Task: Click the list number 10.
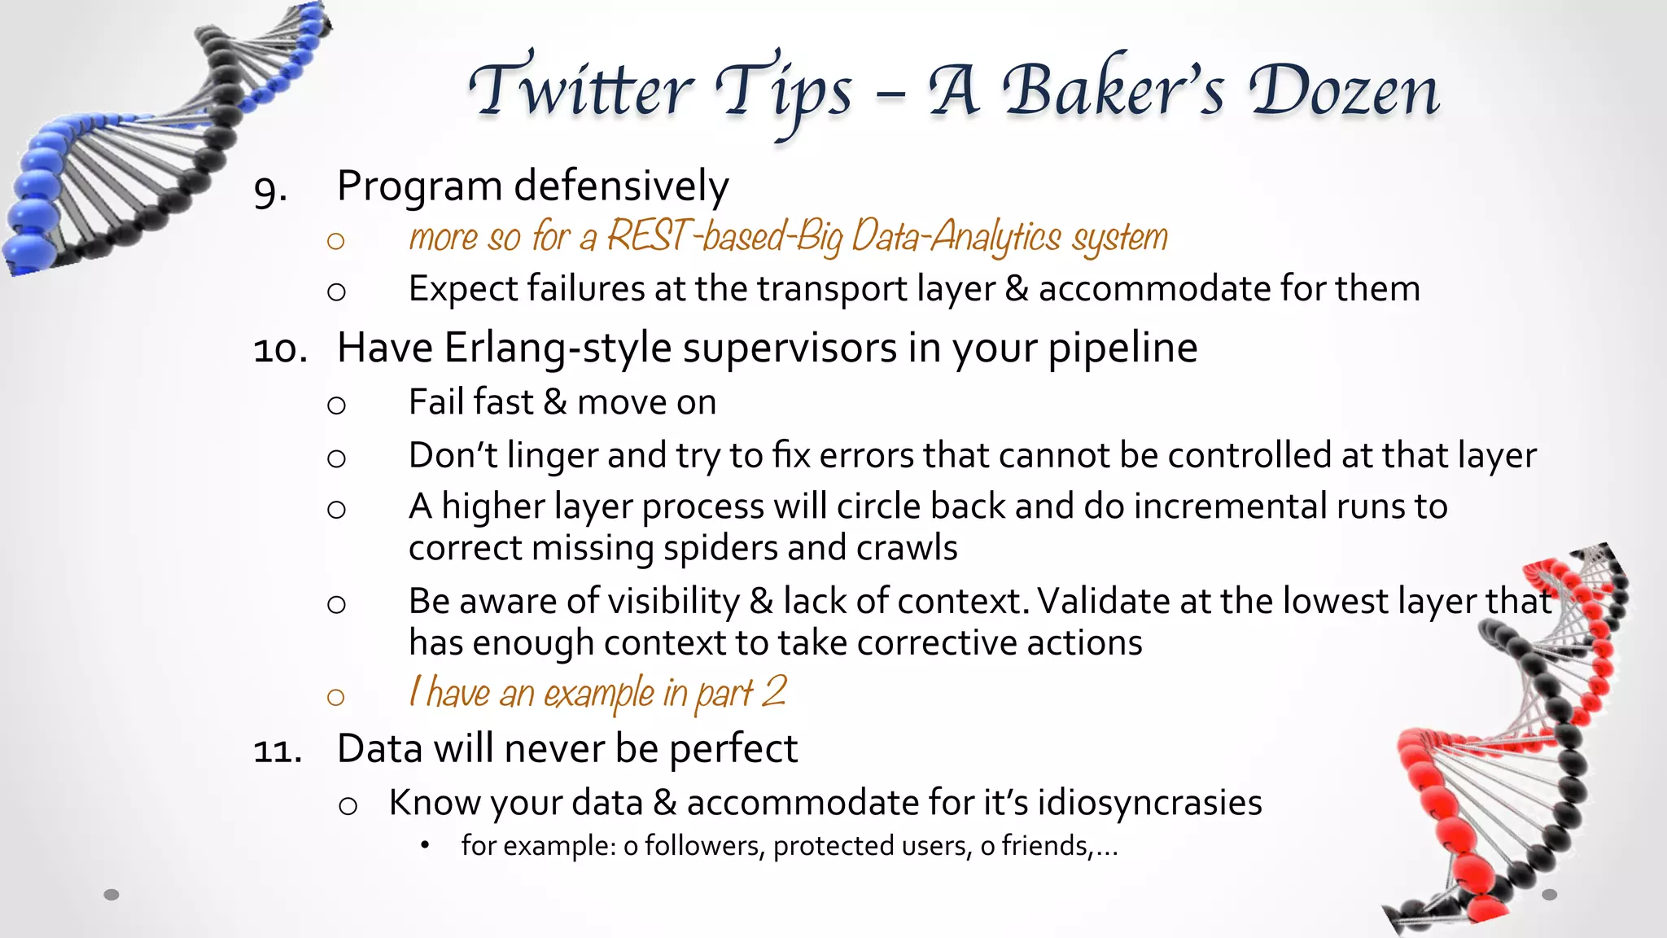280,350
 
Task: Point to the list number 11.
278,750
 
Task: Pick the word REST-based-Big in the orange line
725,237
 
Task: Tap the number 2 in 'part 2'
774,691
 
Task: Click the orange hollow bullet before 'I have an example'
335,697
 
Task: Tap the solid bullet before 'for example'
424,845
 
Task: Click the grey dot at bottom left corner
112,894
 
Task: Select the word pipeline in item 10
1122,349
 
